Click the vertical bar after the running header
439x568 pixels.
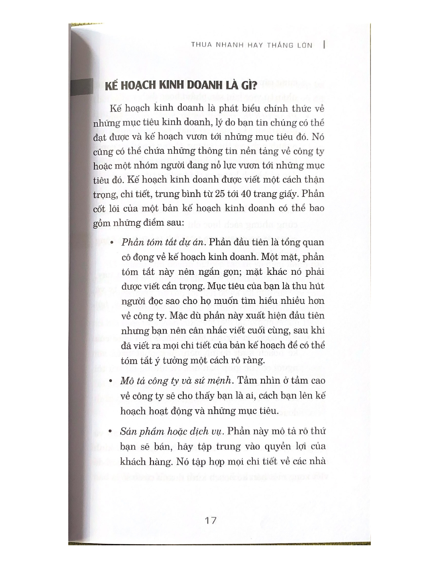(x=325, y=45)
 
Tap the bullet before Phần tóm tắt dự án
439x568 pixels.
(x=111, y=243)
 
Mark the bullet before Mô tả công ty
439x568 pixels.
(x=111, y=381)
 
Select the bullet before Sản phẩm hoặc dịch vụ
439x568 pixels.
(x=111, y=431)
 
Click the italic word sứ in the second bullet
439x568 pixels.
(x=199, y=381)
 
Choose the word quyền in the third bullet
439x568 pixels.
(x=262, y=446)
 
